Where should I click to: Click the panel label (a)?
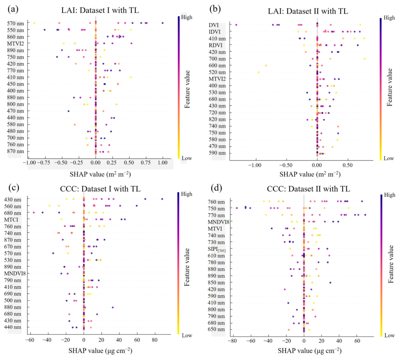(13, 9)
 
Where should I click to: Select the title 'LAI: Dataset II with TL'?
(308, 11)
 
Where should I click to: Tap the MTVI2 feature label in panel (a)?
(15, 44)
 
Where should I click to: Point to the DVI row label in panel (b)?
(214, 25)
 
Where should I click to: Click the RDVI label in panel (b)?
(215, 45)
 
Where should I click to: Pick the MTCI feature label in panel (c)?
(11, 220)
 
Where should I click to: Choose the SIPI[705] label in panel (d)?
(217, 249)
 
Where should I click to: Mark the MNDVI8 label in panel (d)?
(219, 222)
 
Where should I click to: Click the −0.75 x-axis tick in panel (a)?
(45, 163)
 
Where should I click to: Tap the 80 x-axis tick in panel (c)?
(155, 340)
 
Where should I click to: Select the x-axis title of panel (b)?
(310, 174)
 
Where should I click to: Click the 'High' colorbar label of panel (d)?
(389, 195)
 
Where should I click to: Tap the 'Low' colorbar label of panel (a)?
(187, 158)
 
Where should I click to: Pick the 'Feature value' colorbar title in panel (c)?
(187, 267)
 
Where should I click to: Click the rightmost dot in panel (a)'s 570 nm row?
(163, 23)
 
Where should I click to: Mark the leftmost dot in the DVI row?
(236, 25)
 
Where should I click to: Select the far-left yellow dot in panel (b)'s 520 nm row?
(259, 73)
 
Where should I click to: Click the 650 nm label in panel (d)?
(216, 330)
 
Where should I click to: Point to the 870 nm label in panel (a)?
(15, 151)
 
